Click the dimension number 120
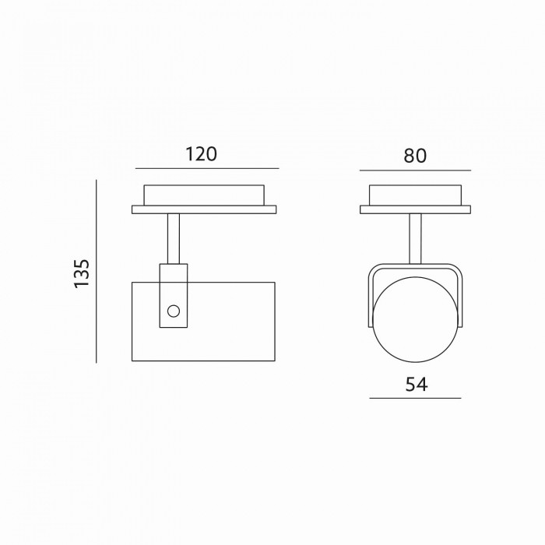(x=201, y=154)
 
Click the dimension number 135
(x=82, y=273)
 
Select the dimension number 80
(x=415, y=156)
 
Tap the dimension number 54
(x=417, y=385)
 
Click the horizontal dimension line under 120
(x=207, y=169)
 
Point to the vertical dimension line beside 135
(x=97, y=272)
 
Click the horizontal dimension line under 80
(x=415, y=171)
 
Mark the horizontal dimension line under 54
(x=415, y=398)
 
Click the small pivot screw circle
(x=174, y=311)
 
